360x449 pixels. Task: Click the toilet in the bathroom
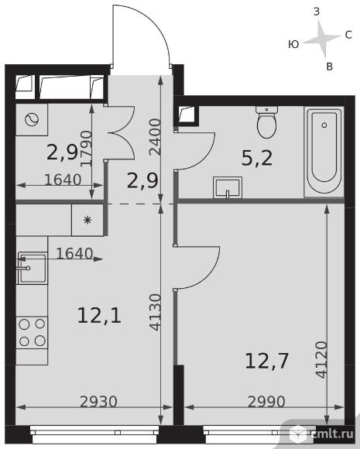tap(266, 122)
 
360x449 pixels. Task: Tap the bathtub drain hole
tap(324, 125)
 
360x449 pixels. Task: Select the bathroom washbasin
tap(228, 187)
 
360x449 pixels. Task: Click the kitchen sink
tap(32, 268)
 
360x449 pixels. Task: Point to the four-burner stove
tap(32, 332)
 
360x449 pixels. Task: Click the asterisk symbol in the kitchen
tap(87, 220)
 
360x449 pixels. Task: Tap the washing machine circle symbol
tap(32, 120)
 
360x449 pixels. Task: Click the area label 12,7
tap(266, 361)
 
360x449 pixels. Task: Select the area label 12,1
tap(99, 315)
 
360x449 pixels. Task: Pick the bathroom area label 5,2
tap(257, 158)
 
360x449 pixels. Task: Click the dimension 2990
tap(266, 402)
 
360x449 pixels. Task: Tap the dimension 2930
tap(98, 402)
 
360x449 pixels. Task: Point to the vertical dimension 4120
tap(321, 359)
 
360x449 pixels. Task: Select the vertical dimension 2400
tap(156, 137)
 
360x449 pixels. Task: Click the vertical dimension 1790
tap(86, 149)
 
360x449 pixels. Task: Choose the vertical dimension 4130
tap(156, 313)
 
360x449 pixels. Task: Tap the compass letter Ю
tap(293, 44)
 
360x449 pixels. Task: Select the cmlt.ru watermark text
tap(332, 434)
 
